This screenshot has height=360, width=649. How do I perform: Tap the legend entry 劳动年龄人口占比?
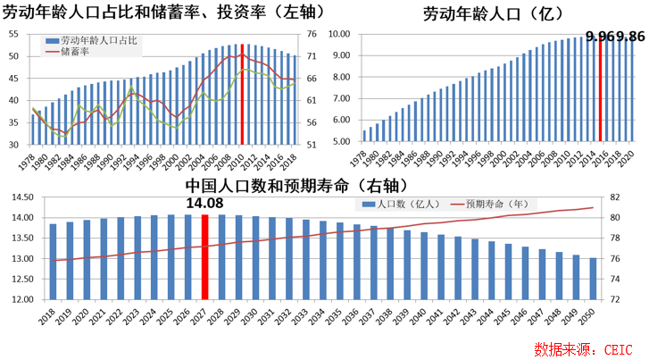(98, 41)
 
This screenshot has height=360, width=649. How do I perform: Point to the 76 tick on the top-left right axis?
(312, 34)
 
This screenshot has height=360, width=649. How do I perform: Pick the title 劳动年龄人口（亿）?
(502, 13)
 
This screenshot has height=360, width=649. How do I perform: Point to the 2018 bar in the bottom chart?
(54, 262)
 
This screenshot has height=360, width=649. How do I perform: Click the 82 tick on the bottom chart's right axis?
(614, 197)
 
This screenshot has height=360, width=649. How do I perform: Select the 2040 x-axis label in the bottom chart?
(424, 316)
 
